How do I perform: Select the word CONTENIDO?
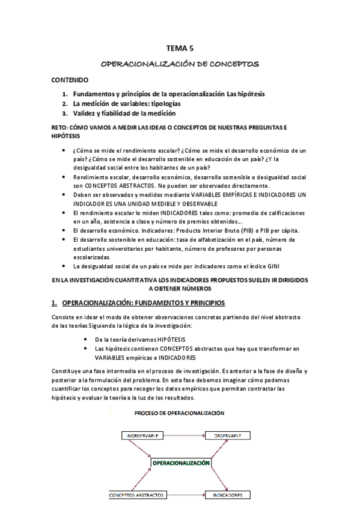click(70, 79)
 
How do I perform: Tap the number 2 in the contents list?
click(65, 103)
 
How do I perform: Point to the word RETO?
click(59, 128)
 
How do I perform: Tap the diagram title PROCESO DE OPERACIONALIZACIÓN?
click(180, 413)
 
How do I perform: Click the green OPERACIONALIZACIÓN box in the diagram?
click(181, 464)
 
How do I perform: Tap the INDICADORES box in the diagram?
click(227, 495)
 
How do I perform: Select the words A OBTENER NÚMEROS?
click(180, 288)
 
